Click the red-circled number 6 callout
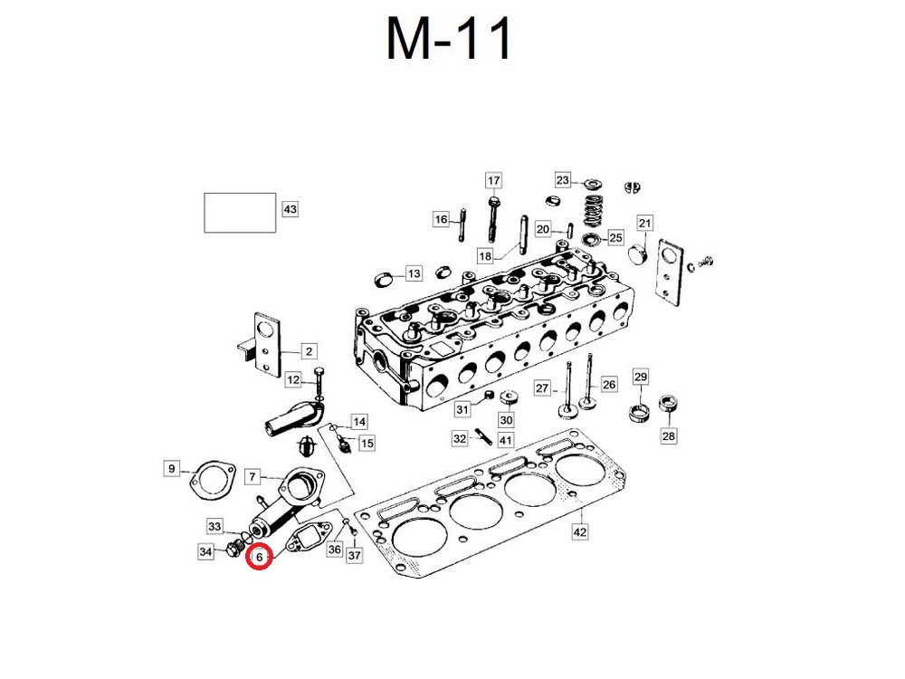pyautogui.click(x=259, y=557)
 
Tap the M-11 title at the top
pyautogui.click(x=449, y=38)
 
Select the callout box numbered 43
pyautogui.click(x=290, y=209)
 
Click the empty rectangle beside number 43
pyautogui.click(x=240, y=213)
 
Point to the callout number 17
pyautogui.click(x=493, y=181)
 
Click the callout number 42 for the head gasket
pyautogui.click(x=580, y=531)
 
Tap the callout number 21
pyautogui.click(x=644, y=223)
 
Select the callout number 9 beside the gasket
pyautogui.click(x=171, y=468)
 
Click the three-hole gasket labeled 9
pyautogui.click(x=212, y=481)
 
